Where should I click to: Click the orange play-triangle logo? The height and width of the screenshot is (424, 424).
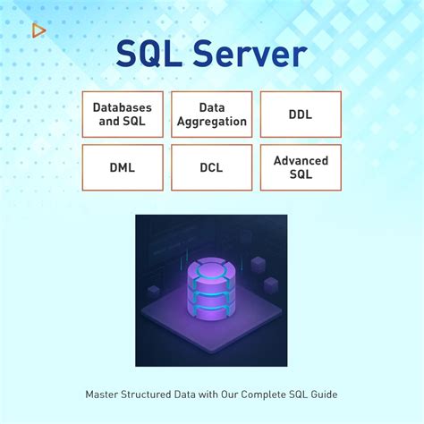(x=38, y=30)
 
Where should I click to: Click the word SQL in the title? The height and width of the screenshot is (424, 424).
(x=149, y=55)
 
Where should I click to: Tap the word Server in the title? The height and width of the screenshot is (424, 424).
(x=250, y=54)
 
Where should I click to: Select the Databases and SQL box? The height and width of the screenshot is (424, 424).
(x=123, y=114)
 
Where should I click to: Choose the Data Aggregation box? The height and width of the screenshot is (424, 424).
(x=212, y=114)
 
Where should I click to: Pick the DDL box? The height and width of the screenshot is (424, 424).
(x=301, y=114)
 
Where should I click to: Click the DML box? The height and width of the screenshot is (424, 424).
(x=123, y=167)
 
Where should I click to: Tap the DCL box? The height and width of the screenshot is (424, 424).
(x=212, y=167)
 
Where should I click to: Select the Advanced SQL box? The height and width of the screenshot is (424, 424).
(x=301, y=167)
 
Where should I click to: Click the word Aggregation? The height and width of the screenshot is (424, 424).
(x=212, y=123)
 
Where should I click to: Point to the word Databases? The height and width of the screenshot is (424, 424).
(x=123, y=107)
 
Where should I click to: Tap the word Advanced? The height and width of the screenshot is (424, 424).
(x=301, y=161)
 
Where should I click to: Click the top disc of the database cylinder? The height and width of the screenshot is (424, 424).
(x=211, y=269)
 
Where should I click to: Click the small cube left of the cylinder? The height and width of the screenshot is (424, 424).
(x=154, y=292)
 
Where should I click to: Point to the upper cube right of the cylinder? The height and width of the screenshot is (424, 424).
(x=258, y=265)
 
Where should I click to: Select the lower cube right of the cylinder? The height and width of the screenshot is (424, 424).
(x=271, y=285)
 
